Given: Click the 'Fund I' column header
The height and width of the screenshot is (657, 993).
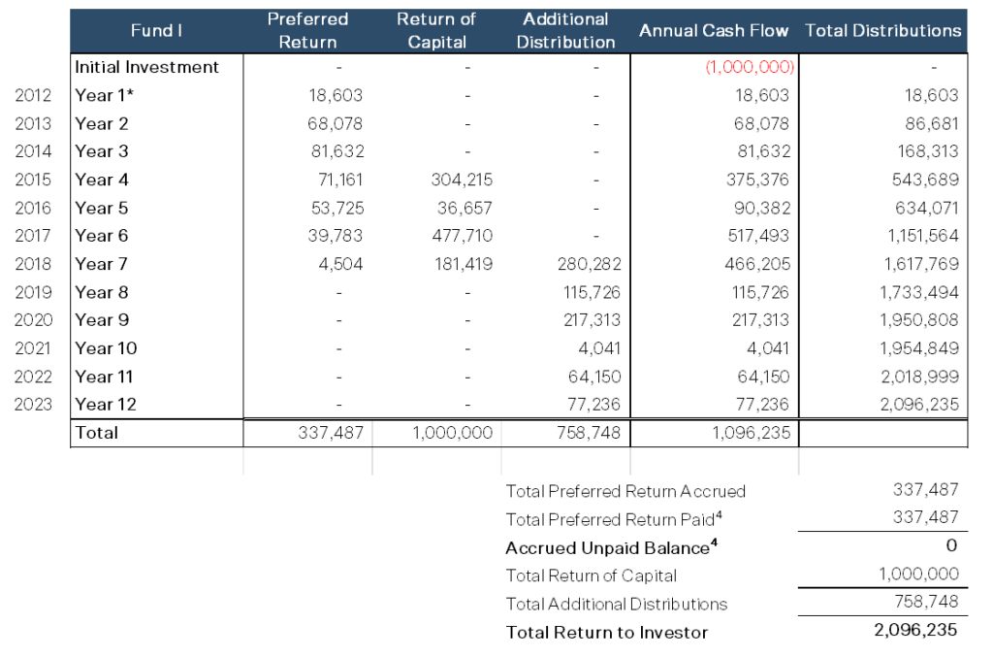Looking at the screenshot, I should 156,31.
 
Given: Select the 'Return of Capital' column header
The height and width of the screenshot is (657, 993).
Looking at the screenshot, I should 436,31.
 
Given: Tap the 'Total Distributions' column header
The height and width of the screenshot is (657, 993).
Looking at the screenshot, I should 882,31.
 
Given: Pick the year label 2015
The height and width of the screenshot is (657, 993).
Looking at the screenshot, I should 34,180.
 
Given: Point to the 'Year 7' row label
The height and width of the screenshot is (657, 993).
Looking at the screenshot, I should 102,264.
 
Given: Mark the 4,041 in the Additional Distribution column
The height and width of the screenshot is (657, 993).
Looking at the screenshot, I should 600,348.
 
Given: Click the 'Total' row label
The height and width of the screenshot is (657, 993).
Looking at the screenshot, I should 97,433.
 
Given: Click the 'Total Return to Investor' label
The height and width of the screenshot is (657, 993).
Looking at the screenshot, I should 607,632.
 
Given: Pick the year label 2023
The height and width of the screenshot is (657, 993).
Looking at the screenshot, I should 34,405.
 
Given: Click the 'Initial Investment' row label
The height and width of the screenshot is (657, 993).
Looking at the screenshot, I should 147,68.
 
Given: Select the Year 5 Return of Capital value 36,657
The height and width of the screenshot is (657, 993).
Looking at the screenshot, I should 464,208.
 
